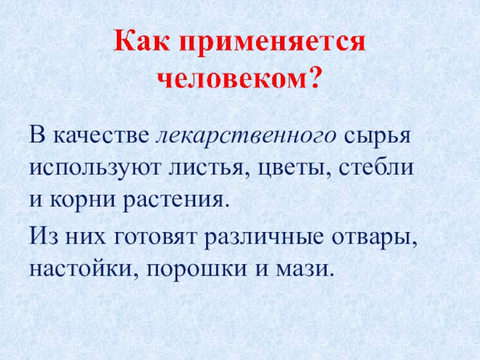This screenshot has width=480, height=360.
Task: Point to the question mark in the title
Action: point(315,78)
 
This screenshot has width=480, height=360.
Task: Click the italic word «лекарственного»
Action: point(246,136)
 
